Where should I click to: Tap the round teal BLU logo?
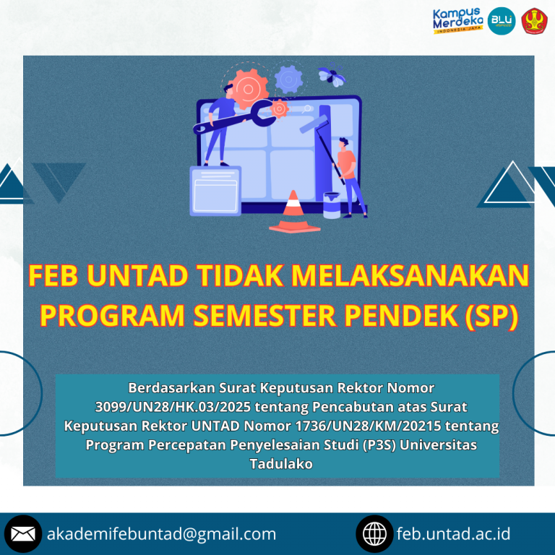(x=502, y=21)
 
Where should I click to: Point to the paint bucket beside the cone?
(x=332, y=205)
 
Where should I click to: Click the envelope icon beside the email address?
(x=23, y=534)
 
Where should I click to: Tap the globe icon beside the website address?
(x=375, y=534)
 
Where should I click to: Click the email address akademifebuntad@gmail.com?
(x=161, y=534)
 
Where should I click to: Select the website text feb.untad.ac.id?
(x=454, y=534)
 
